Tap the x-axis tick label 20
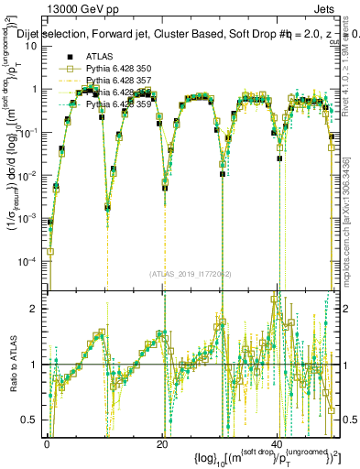162,442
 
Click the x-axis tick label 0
47,442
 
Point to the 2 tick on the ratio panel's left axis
35,309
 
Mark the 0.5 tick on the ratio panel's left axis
31,420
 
